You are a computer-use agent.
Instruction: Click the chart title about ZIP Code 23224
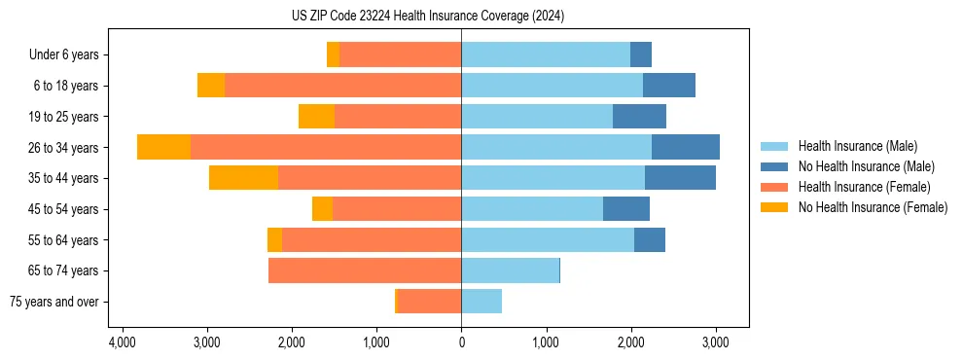tap(427, 17)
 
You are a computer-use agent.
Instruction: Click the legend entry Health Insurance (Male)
tap(857, 146)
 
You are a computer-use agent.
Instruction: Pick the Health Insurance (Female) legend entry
tap(863, 187)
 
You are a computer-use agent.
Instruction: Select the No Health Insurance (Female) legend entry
tap(872, 207)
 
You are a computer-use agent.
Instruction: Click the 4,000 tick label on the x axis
tap(122, 343)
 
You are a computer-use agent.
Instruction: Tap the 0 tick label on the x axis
tap(461, 343)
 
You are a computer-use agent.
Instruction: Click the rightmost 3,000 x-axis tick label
tap(715, 343)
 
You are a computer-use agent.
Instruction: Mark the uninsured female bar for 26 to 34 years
tap(163, 147)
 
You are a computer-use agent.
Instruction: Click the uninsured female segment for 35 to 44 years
tap(243, 178)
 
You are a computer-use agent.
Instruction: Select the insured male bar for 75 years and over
tap(481, 302)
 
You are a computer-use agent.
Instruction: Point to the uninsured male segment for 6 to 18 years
tap(669, 86)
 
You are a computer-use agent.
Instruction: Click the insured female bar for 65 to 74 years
tap(365, 270)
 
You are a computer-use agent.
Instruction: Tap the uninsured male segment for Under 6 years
tap(641, 54)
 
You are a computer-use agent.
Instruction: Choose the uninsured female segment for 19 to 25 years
tap(316, 117)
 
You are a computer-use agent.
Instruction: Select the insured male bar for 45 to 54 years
tap(532, 209)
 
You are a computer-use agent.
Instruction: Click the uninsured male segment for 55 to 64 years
tap(650, 239)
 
